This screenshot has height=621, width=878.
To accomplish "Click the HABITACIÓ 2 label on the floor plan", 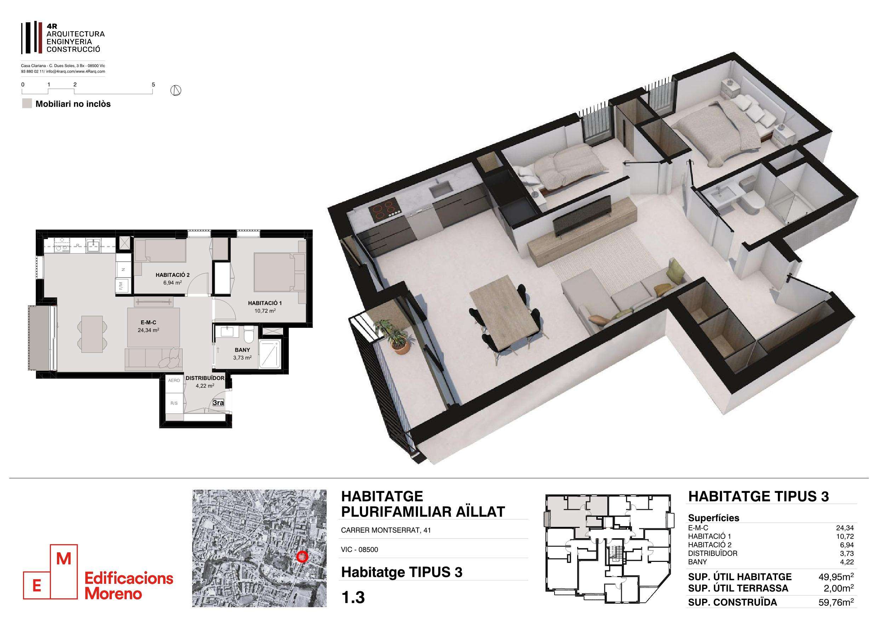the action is coord(172,275).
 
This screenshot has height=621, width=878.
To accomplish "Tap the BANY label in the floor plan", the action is coord(242,350).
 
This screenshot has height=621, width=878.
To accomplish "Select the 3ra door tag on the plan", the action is coord(218,403).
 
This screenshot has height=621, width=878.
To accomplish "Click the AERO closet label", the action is coord(174,380).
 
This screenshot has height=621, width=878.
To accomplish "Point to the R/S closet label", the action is coord(174,403).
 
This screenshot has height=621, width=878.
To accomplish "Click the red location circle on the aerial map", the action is coord(303,556).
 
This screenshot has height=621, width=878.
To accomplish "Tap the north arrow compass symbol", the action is coord(176,91).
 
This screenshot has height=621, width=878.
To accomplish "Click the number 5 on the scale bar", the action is coord(153,84).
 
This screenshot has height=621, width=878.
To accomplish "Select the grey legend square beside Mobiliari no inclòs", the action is coord(27,104).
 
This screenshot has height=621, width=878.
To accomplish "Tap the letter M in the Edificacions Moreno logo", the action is coord(63,559).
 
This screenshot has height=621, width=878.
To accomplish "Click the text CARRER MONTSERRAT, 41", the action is coord(386,531).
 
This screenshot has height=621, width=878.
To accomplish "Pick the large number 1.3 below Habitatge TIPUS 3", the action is coord(353,598).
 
